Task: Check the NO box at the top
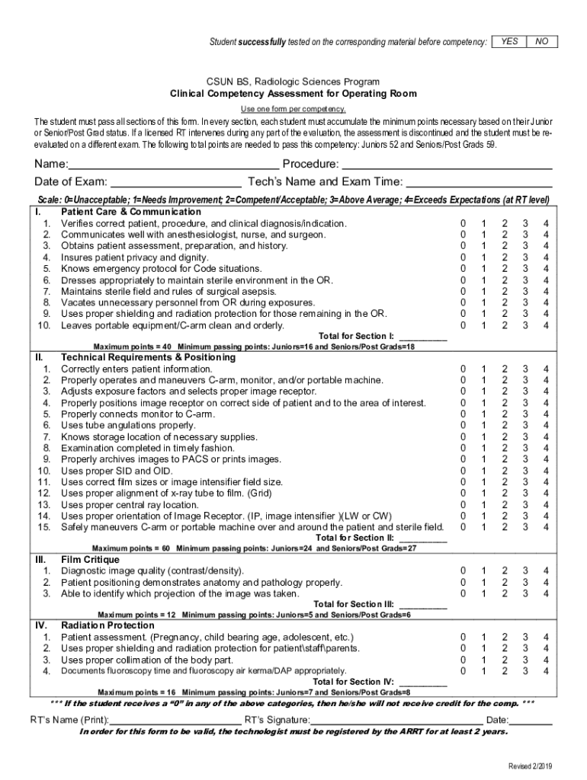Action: click(x=541, y=41)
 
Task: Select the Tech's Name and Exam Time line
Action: click(x=479, y=182)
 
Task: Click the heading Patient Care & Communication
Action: click(x=130, y=212)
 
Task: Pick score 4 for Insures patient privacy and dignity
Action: click(x=545, y=257)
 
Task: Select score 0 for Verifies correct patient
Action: click(x=461, y=223)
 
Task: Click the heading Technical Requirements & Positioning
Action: click(x=148, y=357)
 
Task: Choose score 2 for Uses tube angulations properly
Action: click(x=503, y=425)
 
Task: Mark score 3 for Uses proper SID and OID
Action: click(x=524, y=471)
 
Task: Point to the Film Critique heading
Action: click(x=90, y=560)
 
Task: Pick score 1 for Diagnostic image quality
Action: click(x=482, y=571)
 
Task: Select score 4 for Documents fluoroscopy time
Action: click(x=545, y=671)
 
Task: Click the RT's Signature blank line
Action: click(x=396, y=721)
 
